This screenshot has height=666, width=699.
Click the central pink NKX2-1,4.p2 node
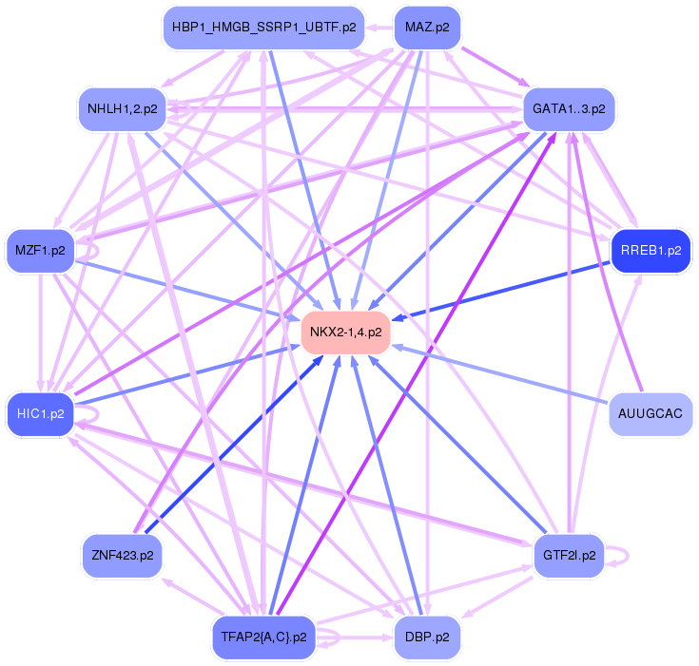(346, 333)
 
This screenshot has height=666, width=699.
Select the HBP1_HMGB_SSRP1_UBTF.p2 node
(263, 27)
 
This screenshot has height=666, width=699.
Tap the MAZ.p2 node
(427, 27)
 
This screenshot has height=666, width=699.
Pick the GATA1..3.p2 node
(569, 108)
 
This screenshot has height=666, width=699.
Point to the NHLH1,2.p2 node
(122, 108)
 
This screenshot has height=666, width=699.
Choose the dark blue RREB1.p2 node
(650, 252)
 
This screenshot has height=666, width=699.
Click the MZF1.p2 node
(40, 252)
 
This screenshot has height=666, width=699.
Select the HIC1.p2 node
(40, 414)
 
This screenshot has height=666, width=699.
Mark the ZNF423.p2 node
(122, 555)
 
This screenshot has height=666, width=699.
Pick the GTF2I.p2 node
(569, 555)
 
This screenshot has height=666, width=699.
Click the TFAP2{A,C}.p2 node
(263, 637)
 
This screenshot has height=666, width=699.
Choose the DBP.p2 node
(427, 637)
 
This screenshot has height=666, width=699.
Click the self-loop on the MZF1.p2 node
(93, 252)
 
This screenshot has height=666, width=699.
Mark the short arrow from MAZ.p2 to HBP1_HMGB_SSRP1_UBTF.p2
(378, 27)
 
